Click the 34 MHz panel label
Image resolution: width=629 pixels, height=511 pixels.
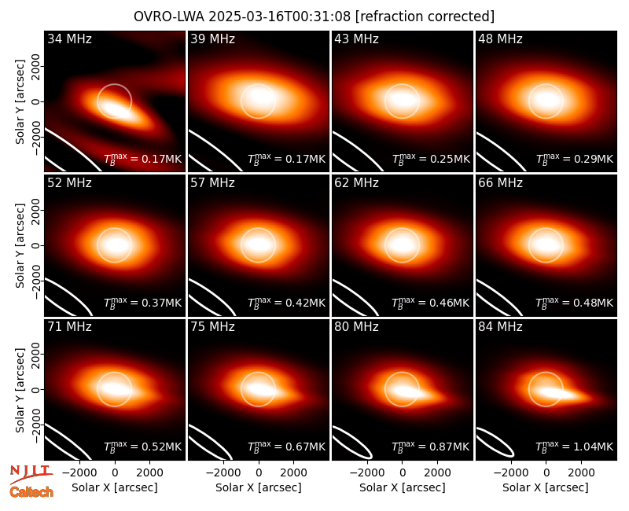[x=69, y=39]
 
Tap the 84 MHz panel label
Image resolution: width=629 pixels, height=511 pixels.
[x=500, y=327]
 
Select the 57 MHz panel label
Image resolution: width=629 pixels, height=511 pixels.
[x=212, y=183]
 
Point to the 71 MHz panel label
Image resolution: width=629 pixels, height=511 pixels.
[x=69, y=327]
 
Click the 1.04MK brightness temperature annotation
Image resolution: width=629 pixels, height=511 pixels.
[x=575, y=446]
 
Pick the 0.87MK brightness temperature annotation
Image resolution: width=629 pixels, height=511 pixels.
[x=430, y=446]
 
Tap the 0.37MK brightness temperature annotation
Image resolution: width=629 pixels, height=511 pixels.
[x=143, y=302]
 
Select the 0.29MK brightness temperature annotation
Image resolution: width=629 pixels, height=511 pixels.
[x=575, y=159]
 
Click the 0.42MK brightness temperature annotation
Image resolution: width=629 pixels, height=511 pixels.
[x=286, y=302]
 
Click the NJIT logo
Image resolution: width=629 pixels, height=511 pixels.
[x=31, y=474]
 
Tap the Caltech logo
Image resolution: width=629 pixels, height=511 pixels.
[x=31, y=492]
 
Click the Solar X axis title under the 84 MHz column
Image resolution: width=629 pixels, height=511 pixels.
[x=546, y=487]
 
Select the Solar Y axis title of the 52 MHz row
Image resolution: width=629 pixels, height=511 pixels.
[x=20, y=245]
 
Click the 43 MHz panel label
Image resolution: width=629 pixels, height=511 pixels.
[x=357, y=39]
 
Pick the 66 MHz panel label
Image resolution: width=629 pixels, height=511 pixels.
[x=500, y=183]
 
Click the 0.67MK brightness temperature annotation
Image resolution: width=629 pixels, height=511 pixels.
[x=286, y=446]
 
